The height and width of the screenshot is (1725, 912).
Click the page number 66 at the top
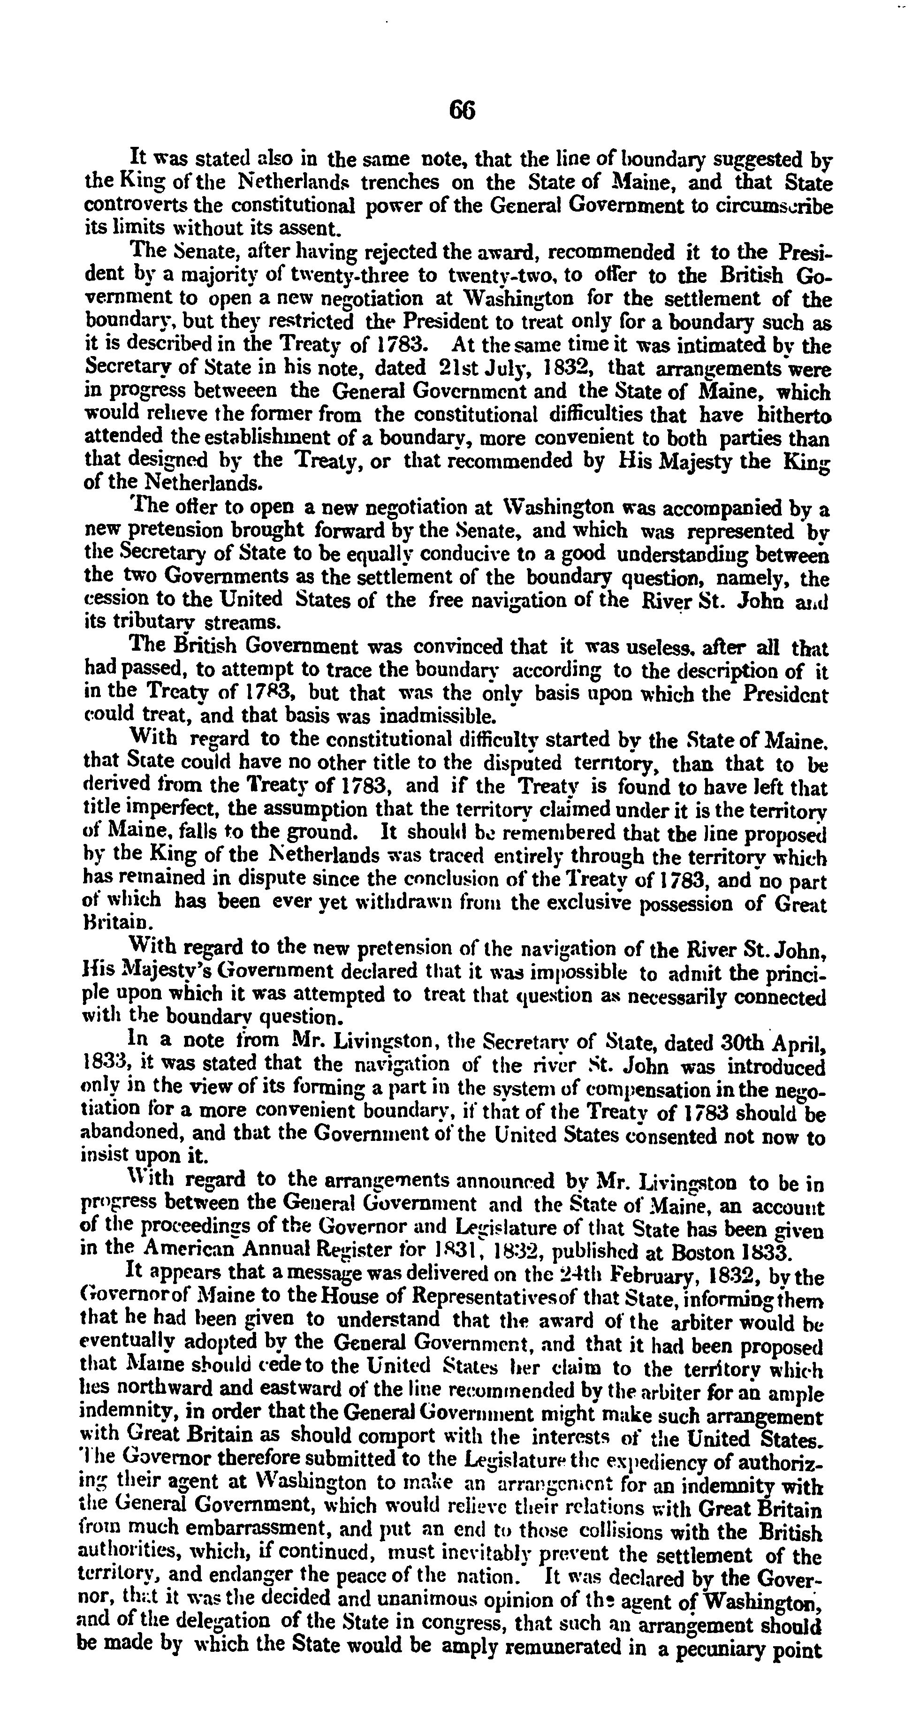click(x=463, y=110)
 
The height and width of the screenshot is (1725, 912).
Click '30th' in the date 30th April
click(x=742, y=1042)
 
